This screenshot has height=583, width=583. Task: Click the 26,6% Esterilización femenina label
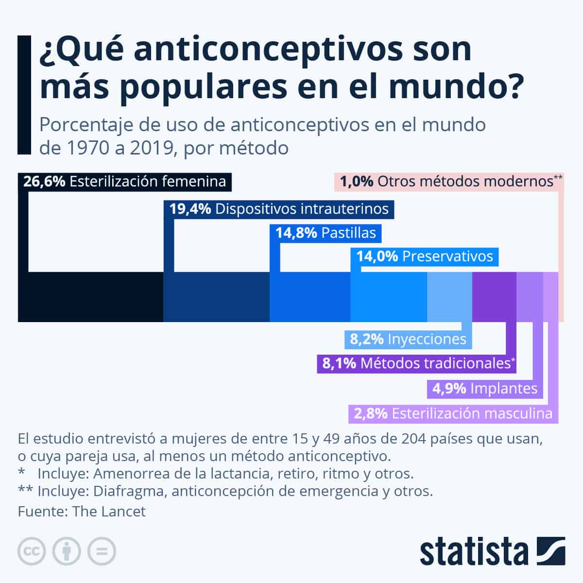point(125,182)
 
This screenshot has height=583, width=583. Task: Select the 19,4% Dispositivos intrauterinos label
point(279,209)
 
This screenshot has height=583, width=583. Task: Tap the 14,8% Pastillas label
point(326,233)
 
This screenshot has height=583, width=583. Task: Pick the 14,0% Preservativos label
point(425,257)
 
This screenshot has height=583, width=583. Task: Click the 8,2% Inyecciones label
point(408,339)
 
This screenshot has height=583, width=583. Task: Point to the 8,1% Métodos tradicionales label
point(416,363)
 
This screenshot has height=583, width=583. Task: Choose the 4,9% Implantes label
point(485,389)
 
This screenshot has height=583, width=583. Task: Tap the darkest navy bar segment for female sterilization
point(90,297)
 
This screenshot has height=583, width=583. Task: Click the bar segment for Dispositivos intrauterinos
point(216,297)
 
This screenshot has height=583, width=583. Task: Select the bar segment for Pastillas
point(310,297)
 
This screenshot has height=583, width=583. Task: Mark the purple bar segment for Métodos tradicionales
point(494,297)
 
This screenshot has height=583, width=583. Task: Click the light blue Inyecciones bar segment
point(449,297)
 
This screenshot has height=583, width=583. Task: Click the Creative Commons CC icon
point(32,551)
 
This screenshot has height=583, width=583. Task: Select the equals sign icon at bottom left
point(102,551)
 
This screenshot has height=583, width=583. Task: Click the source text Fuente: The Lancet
point(82,512)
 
